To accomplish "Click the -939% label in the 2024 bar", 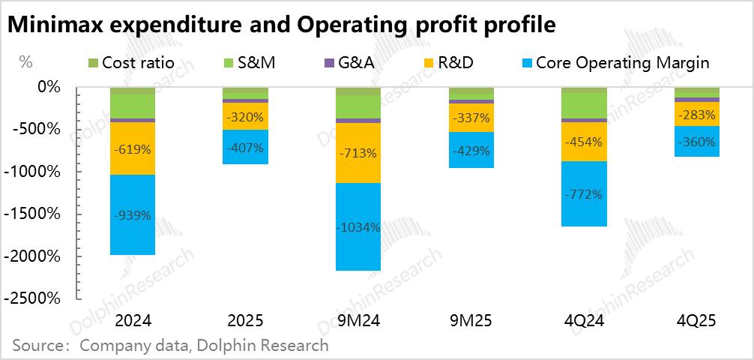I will [133, 215].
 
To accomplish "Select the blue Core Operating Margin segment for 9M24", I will [359, 247].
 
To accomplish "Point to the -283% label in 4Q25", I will [698, 116].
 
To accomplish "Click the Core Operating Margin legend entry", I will [614, 62].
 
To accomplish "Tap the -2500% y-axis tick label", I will [34, 298].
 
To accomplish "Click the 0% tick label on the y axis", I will [48, 87].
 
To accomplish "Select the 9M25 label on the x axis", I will [471, 321].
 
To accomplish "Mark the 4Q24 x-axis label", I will [585, 321].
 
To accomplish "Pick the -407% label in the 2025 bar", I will [246, 148].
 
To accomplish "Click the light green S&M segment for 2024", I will [133, 106].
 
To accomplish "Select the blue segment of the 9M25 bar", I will [471, 150].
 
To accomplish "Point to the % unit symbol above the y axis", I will [25, 62].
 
